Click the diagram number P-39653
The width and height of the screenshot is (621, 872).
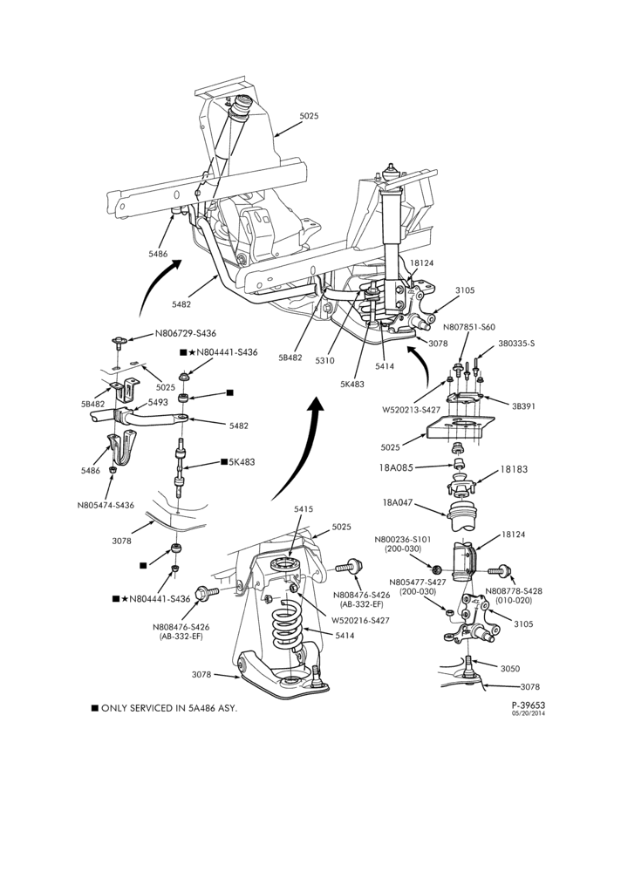click(x=528, y=704)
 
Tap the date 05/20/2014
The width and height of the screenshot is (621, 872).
click(x=528, y=713)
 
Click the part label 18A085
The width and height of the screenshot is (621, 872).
click(x=396, y=467)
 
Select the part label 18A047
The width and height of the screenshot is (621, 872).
click(x=398, y=503)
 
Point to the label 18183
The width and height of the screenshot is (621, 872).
click(x=514, y=469)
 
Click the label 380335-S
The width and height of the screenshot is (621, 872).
click(x=515, y=344)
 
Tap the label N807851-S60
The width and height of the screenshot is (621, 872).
click(x=469, y=327)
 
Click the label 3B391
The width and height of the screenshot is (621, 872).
click(x=523, y=406)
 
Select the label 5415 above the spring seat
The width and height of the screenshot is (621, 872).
click(x=304, y=509)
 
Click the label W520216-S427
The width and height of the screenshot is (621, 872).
click(x=360, y=620)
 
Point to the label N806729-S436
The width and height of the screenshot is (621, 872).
click(x=185, y=334)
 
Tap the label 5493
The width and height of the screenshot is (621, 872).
click(x=158, y=402)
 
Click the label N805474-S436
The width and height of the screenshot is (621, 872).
click(x=106, y=505)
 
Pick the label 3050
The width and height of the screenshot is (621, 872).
click(x=509, y=669)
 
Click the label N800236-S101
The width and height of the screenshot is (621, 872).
click(x=403, y=540)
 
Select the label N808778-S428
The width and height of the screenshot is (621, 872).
click(x=514, y=591)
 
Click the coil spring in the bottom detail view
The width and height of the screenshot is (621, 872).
click(x=288, y=627)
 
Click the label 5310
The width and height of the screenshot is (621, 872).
click(x=324, y=361)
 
